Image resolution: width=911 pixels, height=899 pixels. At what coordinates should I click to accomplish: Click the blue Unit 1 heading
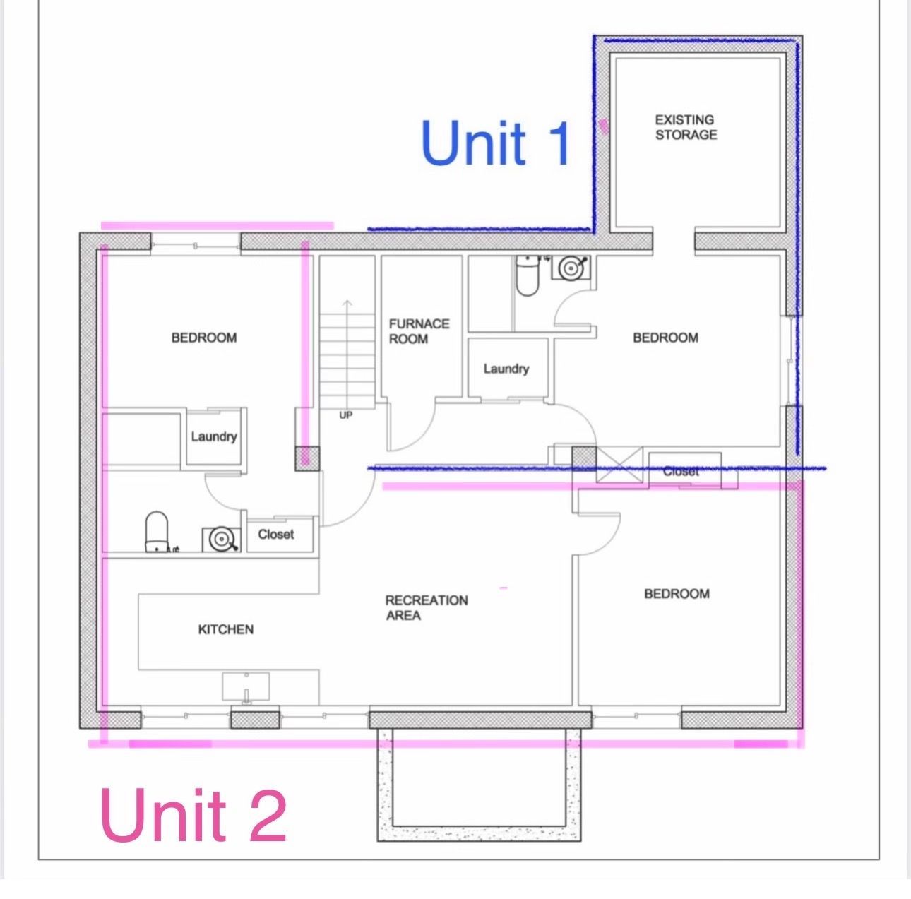point(496,143)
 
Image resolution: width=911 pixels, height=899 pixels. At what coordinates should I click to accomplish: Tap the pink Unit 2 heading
point(193,815)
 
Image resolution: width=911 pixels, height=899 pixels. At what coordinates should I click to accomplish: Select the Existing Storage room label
point(686,127)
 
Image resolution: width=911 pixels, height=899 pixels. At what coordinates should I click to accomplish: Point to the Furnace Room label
point(419,331)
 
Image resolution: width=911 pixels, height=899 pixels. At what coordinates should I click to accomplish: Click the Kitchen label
point(225,629)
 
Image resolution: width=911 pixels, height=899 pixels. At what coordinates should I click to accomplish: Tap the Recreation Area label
point(427,607)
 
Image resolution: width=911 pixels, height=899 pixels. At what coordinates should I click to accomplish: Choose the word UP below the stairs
point(345,415)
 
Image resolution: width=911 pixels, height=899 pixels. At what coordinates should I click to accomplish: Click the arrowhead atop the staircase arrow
point(347,303)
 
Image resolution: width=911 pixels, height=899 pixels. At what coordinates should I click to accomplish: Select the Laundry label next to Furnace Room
point(506,369)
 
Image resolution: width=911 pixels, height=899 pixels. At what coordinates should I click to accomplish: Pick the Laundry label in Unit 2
point(214,436)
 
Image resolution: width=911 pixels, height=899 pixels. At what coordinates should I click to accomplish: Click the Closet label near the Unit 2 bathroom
point(275,535)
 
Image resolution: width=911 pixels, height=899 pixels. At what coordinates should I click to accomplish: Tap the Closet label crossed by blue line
point(681,472)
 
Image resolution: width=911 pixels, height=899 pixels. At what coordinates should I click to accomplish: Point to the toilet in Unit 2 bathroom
point(157,531)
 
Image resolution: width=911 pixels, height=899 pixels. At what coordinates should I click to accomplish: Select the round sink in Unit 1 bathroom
point(571,268)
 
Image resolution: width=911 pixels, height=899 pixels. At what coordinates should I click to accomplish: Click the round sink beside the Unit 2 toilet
point(221,539)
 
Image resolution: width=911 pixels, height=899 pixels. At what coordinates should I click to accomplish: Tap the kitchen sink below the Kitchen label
point(246,688)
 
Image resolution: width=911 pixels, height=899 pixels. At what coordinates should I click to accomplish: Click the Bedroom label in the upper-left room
point(204,338)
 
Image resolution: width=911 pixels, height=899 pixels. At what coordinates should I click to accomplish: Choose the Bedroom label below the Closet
point(677,594)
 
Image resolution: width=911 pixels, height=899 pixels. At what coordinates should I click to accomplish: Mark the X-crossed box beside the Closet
point(619,465)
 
